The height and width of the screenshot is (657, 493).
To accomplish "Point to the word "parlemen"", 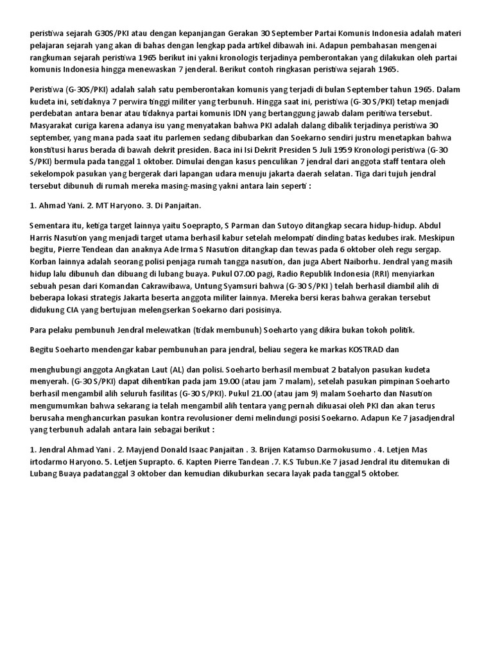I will coord(217,137).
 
